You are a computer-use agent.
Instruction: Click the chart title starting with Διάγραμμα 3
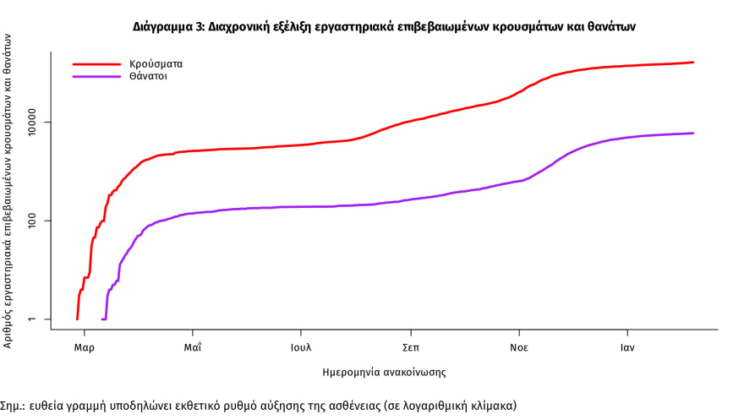tap(384, 27)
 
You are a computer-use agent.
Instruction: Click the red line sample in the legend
tap(97, 63)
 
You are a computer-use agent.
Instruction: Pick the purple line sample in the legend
tap(97, 76)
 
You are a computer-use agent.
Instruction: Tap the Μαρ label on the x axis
tap(84, 347)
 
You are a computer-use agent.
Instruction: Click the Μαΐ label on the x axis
tap(193, 347)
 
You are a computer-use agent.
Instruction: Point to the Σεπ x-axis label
tap(410, 347)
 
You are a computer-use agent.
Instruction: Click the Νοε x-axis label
tap(518, 347)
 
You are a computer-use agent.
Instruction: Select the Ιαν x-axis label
tap(626, 347)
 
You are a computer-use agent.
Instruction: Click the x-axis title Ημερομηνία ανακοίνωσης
tap(385, 372)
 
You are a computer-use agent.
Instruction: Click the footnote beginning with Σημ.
tap(257, 405)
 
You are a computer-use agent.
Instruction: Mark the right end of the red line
tap(693, 63)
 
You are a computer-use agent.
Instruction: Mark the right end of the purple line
tap(693, 133)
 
